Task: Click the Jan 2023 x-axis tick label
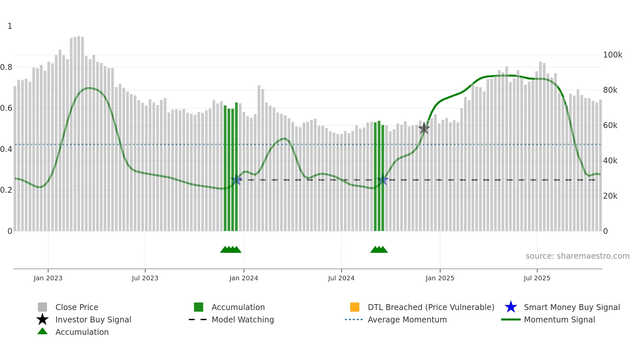pos(48,278)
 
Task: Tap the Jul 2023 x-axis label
pos(145,278)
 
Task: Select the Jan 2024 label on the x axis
pos(244,278)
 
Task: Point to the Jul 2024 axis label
pos(341,278)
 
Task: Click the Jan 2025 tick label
pos(440,278)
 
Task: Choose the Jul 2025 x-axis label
pos(537,278)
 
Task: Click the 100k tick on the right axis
pos(613,55)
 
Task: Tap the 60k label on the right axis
pos(610,125)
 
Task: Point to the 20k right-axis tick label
pos(610,196)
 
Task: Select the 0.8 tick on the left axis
pos(6,67)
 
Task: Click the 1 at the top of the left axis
pos(10,26)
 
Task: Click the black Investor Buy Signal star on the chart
pos(424,128)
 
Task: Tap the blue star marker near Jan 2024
pos(236,180)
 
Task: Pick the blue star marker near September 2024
pos(383,180)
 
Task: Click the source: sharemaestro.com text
pos(577,256)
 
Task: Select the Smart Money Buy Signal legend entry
pos(572,307)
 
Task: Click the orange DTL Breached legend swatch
pos(355,307)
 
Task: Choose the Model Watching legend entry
pos(243,320)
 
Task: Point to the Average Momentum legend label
pos(407,320)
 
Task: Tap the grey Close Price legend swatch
pos(42,307)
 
